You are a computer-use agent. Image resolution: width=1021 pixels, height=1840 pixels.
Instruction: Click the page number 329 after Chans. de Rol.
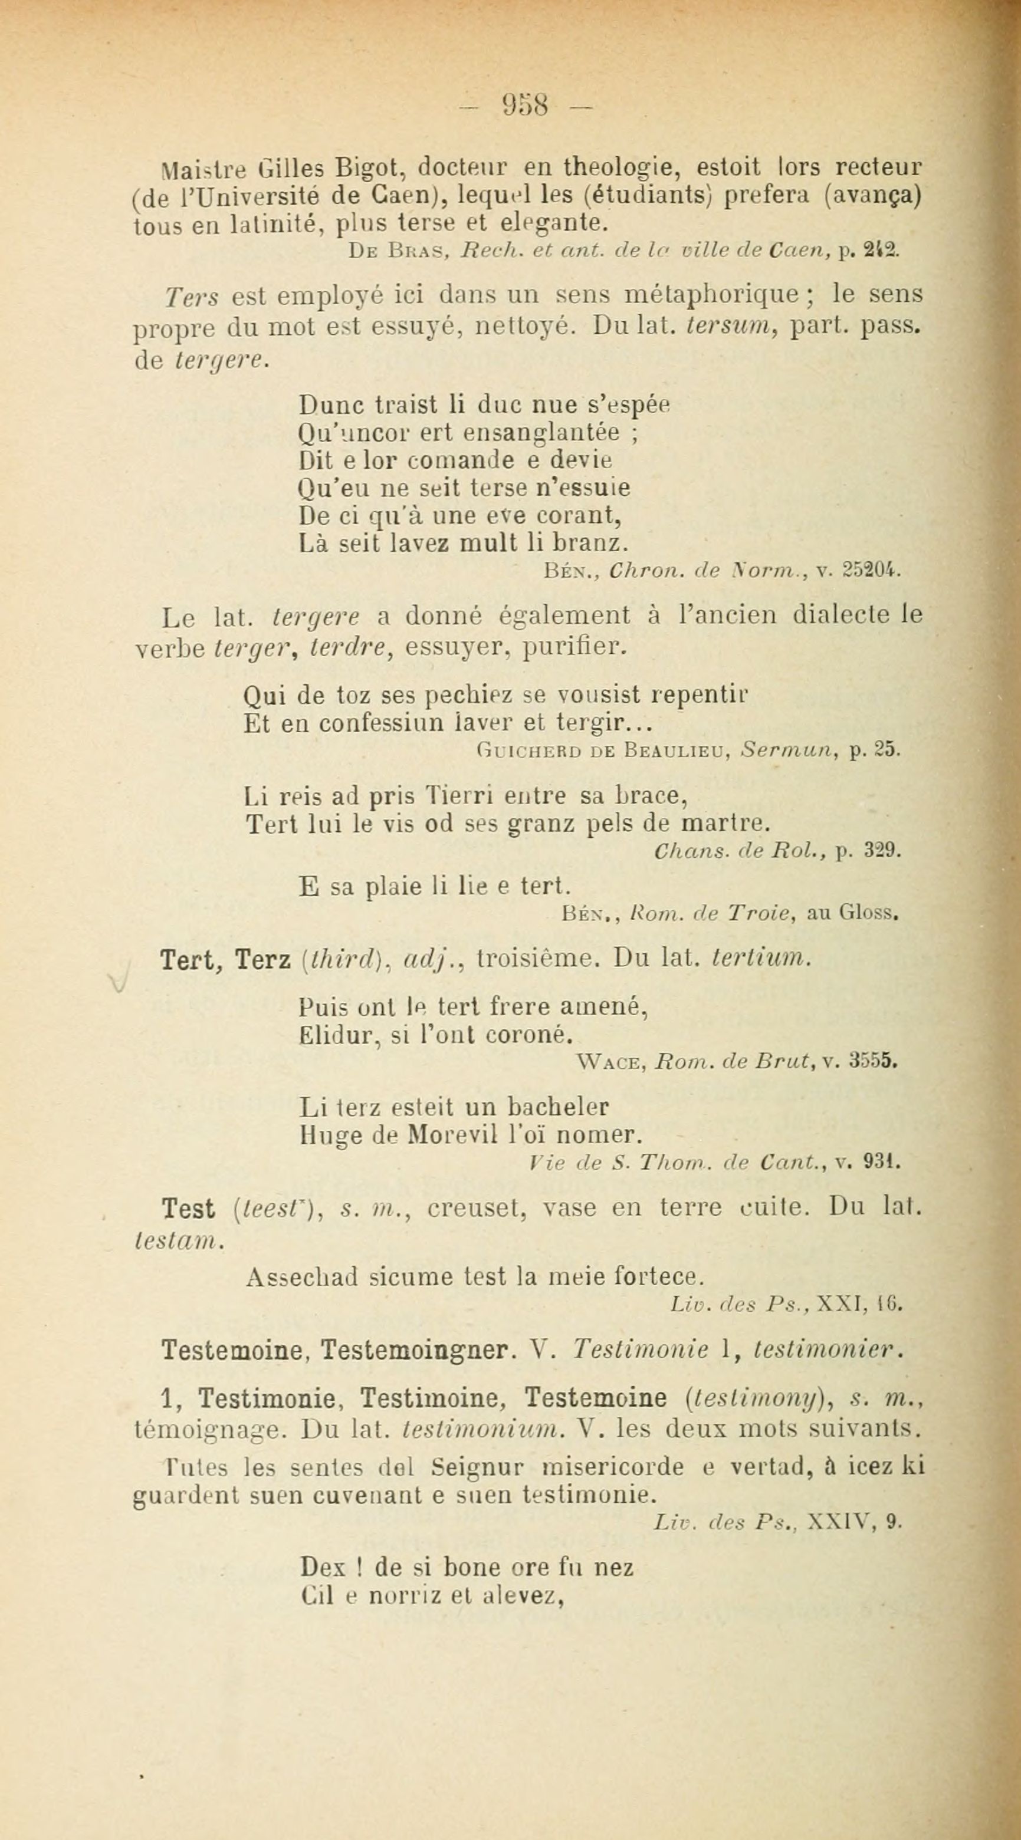tap(883, 851)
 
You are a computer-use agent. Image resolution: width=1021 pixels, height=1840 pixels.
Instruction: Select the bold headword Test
tap(188, 1209)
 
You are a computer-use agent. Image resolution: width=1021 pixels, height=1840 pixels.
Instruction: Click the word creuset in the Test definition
tap(474, 1209)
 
